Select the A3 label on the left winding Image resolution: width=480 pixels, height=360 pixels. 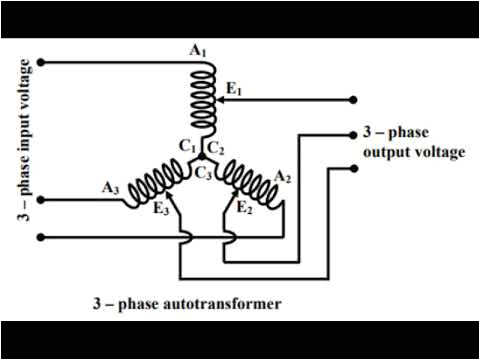click(109, 186)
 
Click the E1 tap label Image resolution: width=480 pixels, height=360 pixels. click(235, 89)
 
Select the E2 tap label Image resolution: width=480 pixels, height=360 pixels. click(243, 208)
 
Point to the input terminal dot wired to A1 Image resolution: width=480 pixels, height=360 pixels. click(41, 62)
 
